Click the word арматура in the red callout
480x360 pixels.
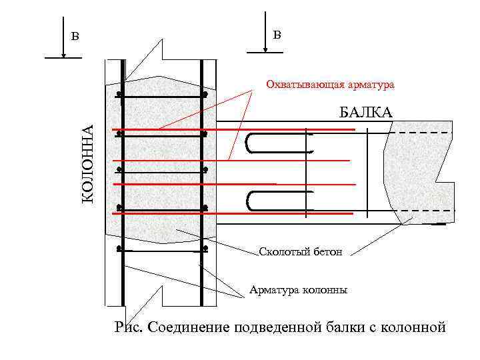(x=367, y=85)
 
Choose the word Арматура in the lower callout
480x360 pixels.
(x=273, y=290)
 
